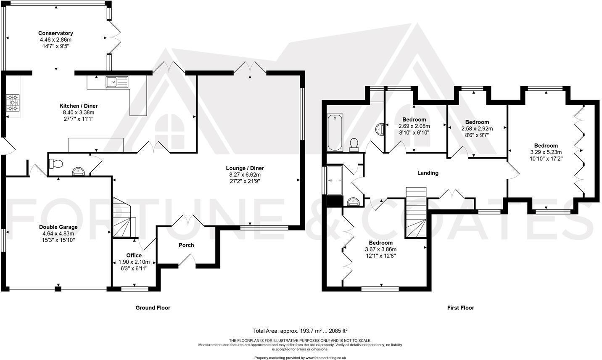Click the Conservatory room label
55,33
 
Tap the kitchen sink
117,82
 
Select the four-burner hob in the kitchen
13,102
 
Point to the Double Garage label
58,227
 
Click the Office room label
134,255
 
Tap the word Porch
186,245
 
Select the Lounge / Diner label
245,168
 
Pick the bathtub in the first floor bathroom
335,132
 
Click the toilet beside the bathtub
354,145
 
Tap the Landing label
428,173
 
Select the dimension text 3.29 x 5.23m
546,152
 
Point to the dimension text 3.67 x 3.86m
380,249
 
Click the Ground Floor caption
153,307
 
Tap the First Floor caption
461,307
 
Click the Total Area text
301,331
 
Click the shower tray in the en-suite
335,180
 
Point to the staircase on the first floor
416,212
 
